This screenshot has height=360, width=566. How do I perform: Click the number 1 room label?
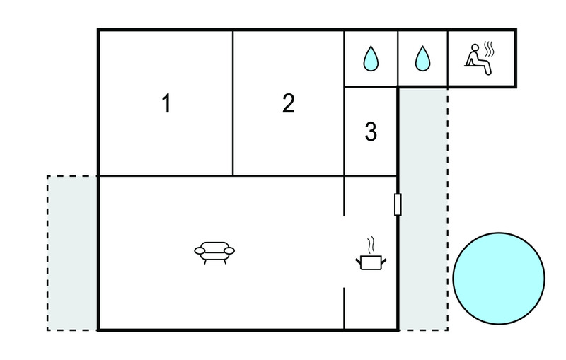pyautogui.click(x=166, y=103)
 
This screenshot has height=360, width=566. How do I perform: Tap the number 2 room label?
pyautogui.click(x=289, y=103)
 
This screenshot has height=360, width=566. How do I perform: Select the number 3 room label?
pyautogui.click(x=371, y=132)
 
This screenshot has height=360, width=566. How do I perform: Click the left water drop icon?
pyautogui.click(x=371, y=58)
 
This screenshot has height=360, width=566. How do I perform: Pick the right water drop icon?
pyautogui.click(x=422, y=58)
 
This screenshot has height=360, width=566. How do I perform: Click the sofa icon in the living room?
pyautogui.click(x=214, y=252)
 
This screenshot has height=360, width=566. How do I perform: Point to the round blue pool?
pyautogui.click(x=499, y=278)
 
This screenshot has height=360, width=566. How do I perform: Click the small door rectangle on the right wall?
pyautogui.click(x=398, y=204)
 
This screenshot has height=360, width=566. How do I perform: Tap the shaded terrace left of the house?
pyautogui.click(x=72, y=253)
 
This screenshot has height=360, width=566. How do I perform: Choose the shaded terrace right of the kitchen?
pyautogui.click(x=423, y=209)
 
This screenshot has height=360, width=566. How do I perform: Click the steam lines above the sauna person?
pyautogui.click(x=489, y=49)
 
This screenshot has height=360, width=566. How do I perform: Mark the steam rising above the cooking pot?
pyautogui.click(x=371, y=245)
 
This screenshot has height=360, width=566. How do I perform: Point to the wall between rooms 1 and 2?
pyautogui.click(x=233, y=103)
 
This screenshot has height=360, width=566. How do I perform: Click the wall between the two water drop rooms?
pyautogui.click(x=398, y=59)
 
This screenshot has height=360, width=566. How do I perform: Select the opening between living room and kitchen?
pyautogui.click(x=344, y=252)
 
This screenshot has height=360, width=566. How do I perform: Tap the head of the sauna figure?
pyautogui.click(x=475, y=48)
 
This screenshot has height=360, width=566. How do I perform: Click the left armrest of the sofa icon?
pyautogui.click(x=200, y=250)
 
